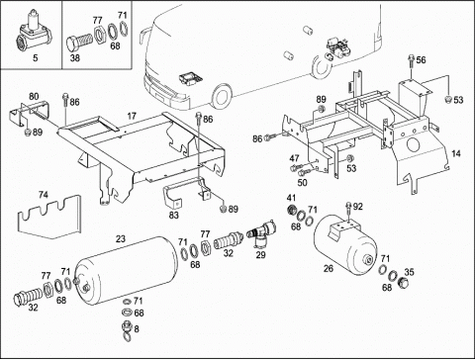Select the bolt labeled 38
(79, 42)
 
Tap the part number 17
(132, 116)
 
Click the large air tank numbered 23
(126, 268)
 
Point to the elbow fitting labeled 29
(261, 233)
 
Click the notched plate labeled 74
(48, 217)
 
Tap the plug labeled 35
(403, 282)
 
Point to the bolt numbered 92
(348, 211)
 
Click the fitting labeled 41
(291, 210)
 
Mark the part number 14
(456, 153)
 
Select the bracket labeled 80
(30, 112)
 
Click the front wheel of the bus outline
(221, 97)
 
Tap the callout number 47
(295, 158)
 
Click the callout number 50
(302, 182)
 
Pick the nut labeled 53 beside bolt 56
(448, 99)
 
